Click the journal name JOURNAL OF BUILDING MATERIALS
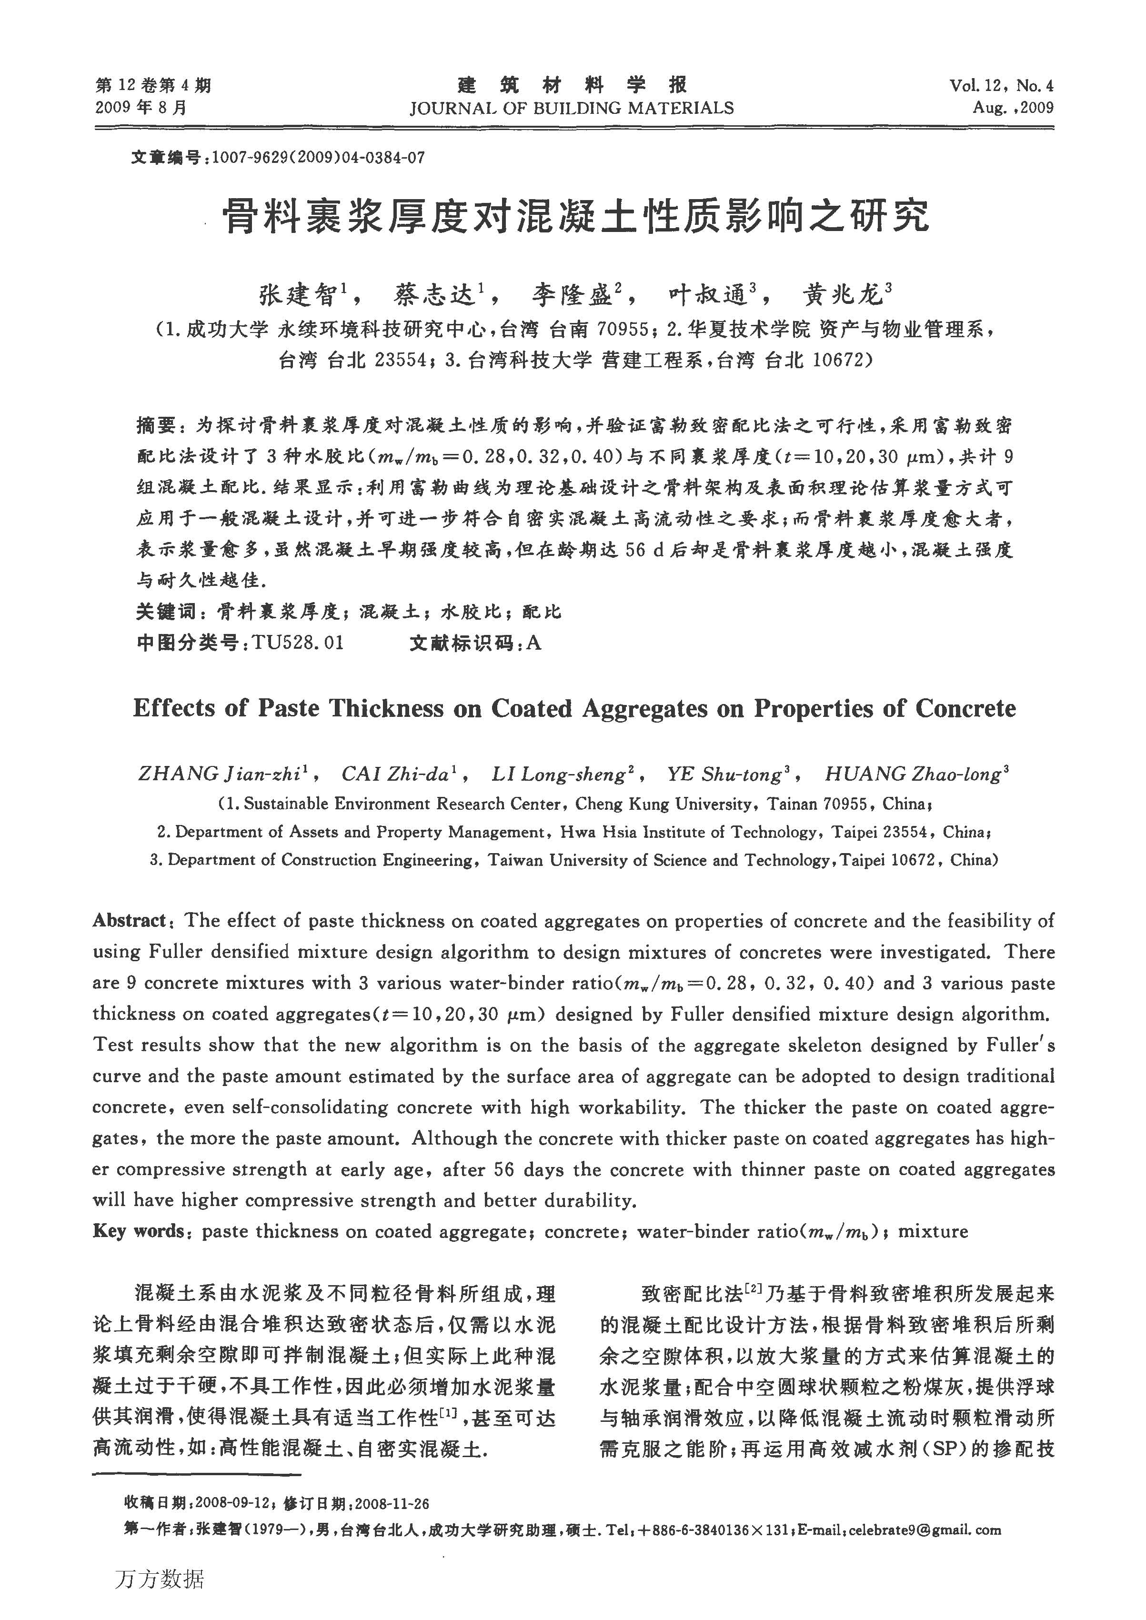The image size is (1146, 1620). (x=572, y=109)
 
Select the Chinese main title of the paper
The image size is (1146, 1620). (x=575, y=217)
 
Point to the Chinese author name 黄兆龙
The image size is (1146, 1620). (x=843, y=295)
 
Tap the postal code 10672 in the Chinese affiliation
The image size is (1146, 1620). (x=839, y=361)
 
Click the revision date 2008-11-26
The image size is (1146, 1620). (x=392, y=1504)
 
